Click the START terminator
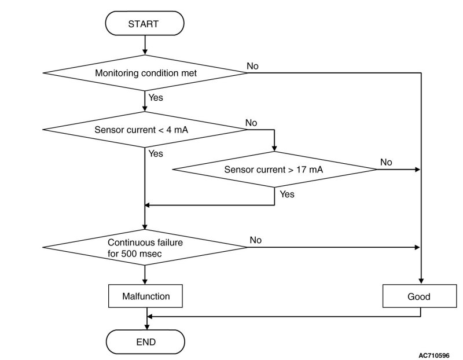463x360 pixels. click(x=145, y=23)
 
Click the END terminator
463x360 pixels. click(x=146, y=341)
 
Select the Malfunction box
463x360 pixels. click(x=146, y=296)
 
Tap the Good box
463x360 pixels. click(x=420, y=296)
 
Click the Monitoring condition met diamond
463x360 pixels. click(x=145, y=73)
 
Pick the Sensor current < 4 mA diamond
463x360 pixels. click(x=145, y=129)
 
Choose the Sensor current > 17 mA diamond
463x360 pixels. click(x=274, y=169)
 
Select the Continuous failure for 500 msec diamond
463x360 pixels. click(x=145, y=247)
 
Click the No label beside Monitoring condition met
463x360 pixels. click(x=252, y=66)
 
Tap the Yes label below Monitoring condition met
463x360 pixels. click(x=156, y=97)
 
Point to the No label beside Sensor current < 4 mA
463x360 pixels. click(x=251, y=123)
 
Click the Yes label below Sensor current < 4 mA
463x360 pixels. click(x=156, y=153)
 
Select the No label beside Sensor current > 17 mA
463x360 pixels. click(x=386, y=162)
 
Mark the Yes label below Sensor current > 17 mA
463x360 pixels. click(x=287, y=194)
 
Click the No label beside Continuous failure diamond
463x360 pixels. click(x=256, y=240)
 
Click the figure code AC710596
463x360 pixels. click(x=434, y=355)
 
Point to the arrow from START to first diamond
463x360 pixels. click(x=145, y=45)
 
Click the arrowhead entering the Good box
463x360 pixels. click(x=421, y=281)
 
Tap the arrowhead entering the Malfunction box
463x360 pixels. click(x=145, y=281)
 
